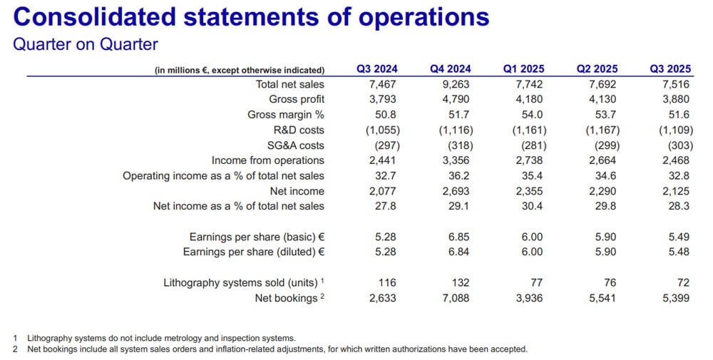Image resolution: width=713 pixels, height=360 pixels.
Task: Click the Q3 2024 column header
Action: coord(377,69)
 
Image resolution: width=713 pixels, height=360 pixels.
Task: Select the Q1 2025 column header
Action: coord(523,69)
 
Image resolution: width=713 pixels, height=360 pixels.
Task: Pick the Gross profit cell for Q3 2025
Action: coord(670,99)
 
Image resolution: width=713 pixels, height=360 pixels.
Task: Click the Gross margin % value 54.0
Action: coord(523,115)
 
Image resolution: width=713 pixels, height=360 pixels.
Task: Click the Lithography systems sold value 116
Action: coord(387,283)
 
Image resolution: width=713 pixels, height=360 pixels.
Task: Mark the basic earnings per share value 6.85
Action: coord(454,237)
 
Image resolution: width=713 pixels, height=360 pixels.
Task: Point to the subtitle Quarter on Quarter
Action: coord(86,44)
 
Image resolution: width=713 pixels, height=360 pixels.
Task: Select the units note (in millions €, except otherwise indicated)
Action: coord(240,70)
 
